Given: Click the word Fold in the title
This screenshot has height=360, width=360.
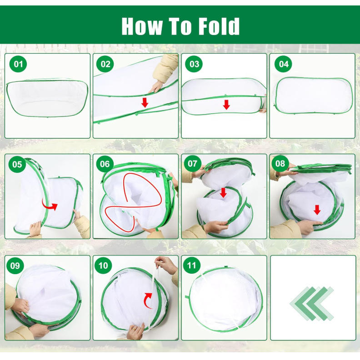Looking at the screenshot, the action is pos(219,26).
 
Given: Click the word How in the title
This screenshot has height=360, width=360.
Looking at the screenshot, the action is pos(142,26).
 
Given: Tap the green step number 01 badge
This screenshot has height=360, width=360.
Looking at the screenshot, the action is pos(18,64).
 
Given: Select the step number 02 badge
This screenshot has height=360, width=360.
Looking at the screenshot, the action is pos(105,64).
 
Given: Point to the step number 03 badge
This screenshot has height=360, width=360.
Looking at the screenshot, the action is pos(194,64).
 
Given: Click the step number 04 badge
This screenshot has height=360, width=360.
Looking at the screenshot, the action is pos(284,64).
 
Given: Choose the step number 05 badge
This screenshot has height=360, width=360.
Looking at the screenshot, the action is pos(17,165).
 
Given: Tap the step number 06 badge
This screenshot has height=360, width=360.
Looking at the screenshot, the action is pos(105,164).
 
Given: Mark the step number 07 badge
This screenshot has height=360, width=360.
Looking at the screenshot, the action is pos(192,164).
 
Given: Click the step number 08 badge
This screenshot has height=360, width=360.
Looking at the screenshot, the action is pos(280,164).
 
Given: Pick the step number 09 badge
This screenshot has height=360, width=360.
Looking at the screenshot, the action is pos(15,265).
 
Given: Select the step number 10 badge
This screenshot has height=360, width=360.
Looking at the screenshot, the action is pos(103,265).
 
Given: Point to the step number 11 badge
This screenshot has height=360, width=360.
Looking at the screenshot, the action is pos(191,265).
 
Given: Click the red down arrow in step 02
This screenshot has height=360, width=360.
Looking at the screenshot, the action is pos(145,102).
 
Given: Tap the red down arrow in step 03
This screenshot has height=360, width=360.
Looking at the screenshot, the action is pos(226,105).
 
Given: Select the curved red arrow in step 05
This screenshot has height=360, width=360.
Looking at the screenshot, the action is pos(50,205).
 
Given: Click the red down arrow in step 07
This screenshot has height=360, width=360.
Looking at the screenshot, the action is pos(223,192).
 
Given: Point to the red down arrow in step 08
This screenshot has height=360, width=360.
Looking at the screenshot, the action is pos(317,210).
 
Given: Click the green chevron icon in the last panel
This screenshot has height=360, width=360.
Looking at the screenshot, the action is pos(311,304).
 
